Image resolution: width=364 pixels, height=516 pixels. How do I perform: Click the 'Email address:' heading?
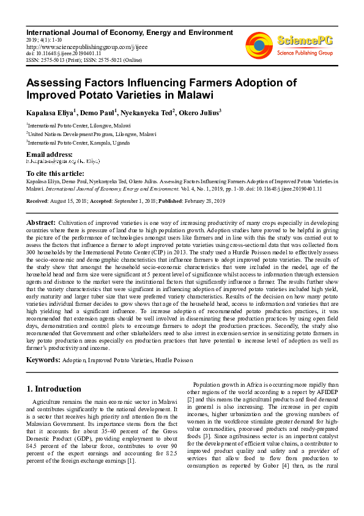(x=49, y=154)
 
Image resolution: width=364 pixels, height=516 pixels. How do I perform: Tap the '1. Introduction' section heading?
(x=54, y=389)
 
